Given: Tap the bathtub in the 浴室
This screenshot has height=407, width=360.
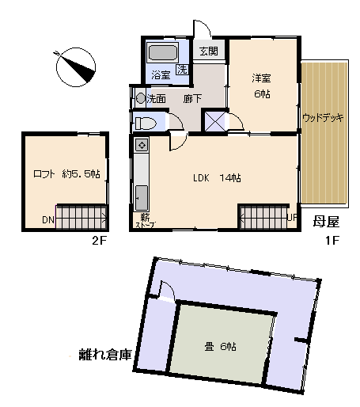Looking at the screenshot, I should pos(162,56).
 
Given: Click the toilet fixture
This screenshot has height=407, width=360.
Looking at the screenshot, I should pos(145,123).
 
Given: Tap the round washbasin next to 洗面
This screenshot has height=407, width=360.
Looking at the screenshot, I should pos(141,98).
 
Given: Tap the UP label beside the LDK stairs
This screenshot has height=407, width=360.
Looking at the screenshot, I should pos(291,217).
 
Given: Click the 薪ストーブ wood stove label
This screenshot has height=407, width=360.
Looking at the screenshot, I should pos(146,221).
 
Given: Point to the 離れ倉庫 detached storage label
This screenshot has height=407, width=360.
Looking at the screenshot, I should pos(104,354).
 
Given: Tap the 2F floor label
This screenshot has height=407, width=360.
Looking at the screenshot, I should pos(98,242).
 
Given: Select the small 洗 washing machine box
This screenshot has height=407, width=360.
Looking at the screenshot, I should pos(182,70).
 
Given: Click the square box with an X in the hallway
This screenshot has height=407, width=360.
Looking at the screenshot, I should pos(214,122).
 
